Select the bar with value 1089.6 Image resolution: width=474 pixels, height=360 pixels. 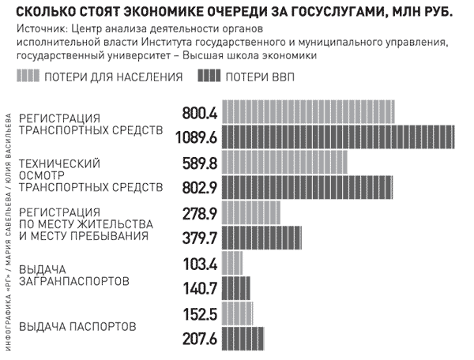pyautogui.click(x=338, y=137)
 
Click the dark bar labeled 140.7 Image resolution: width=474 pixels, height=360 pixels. pyautogui.click(x=236, y=287)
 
